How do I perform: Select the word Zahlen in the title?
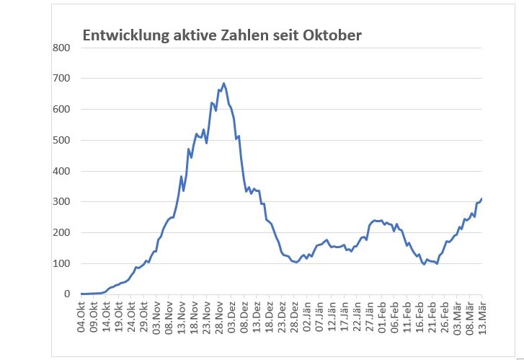(234, 35)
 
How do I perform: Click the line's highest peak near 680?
(223, 84)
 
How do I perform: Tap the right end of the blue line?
(481, 198)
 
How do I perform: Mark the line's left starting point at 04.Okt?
(81, 294)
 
